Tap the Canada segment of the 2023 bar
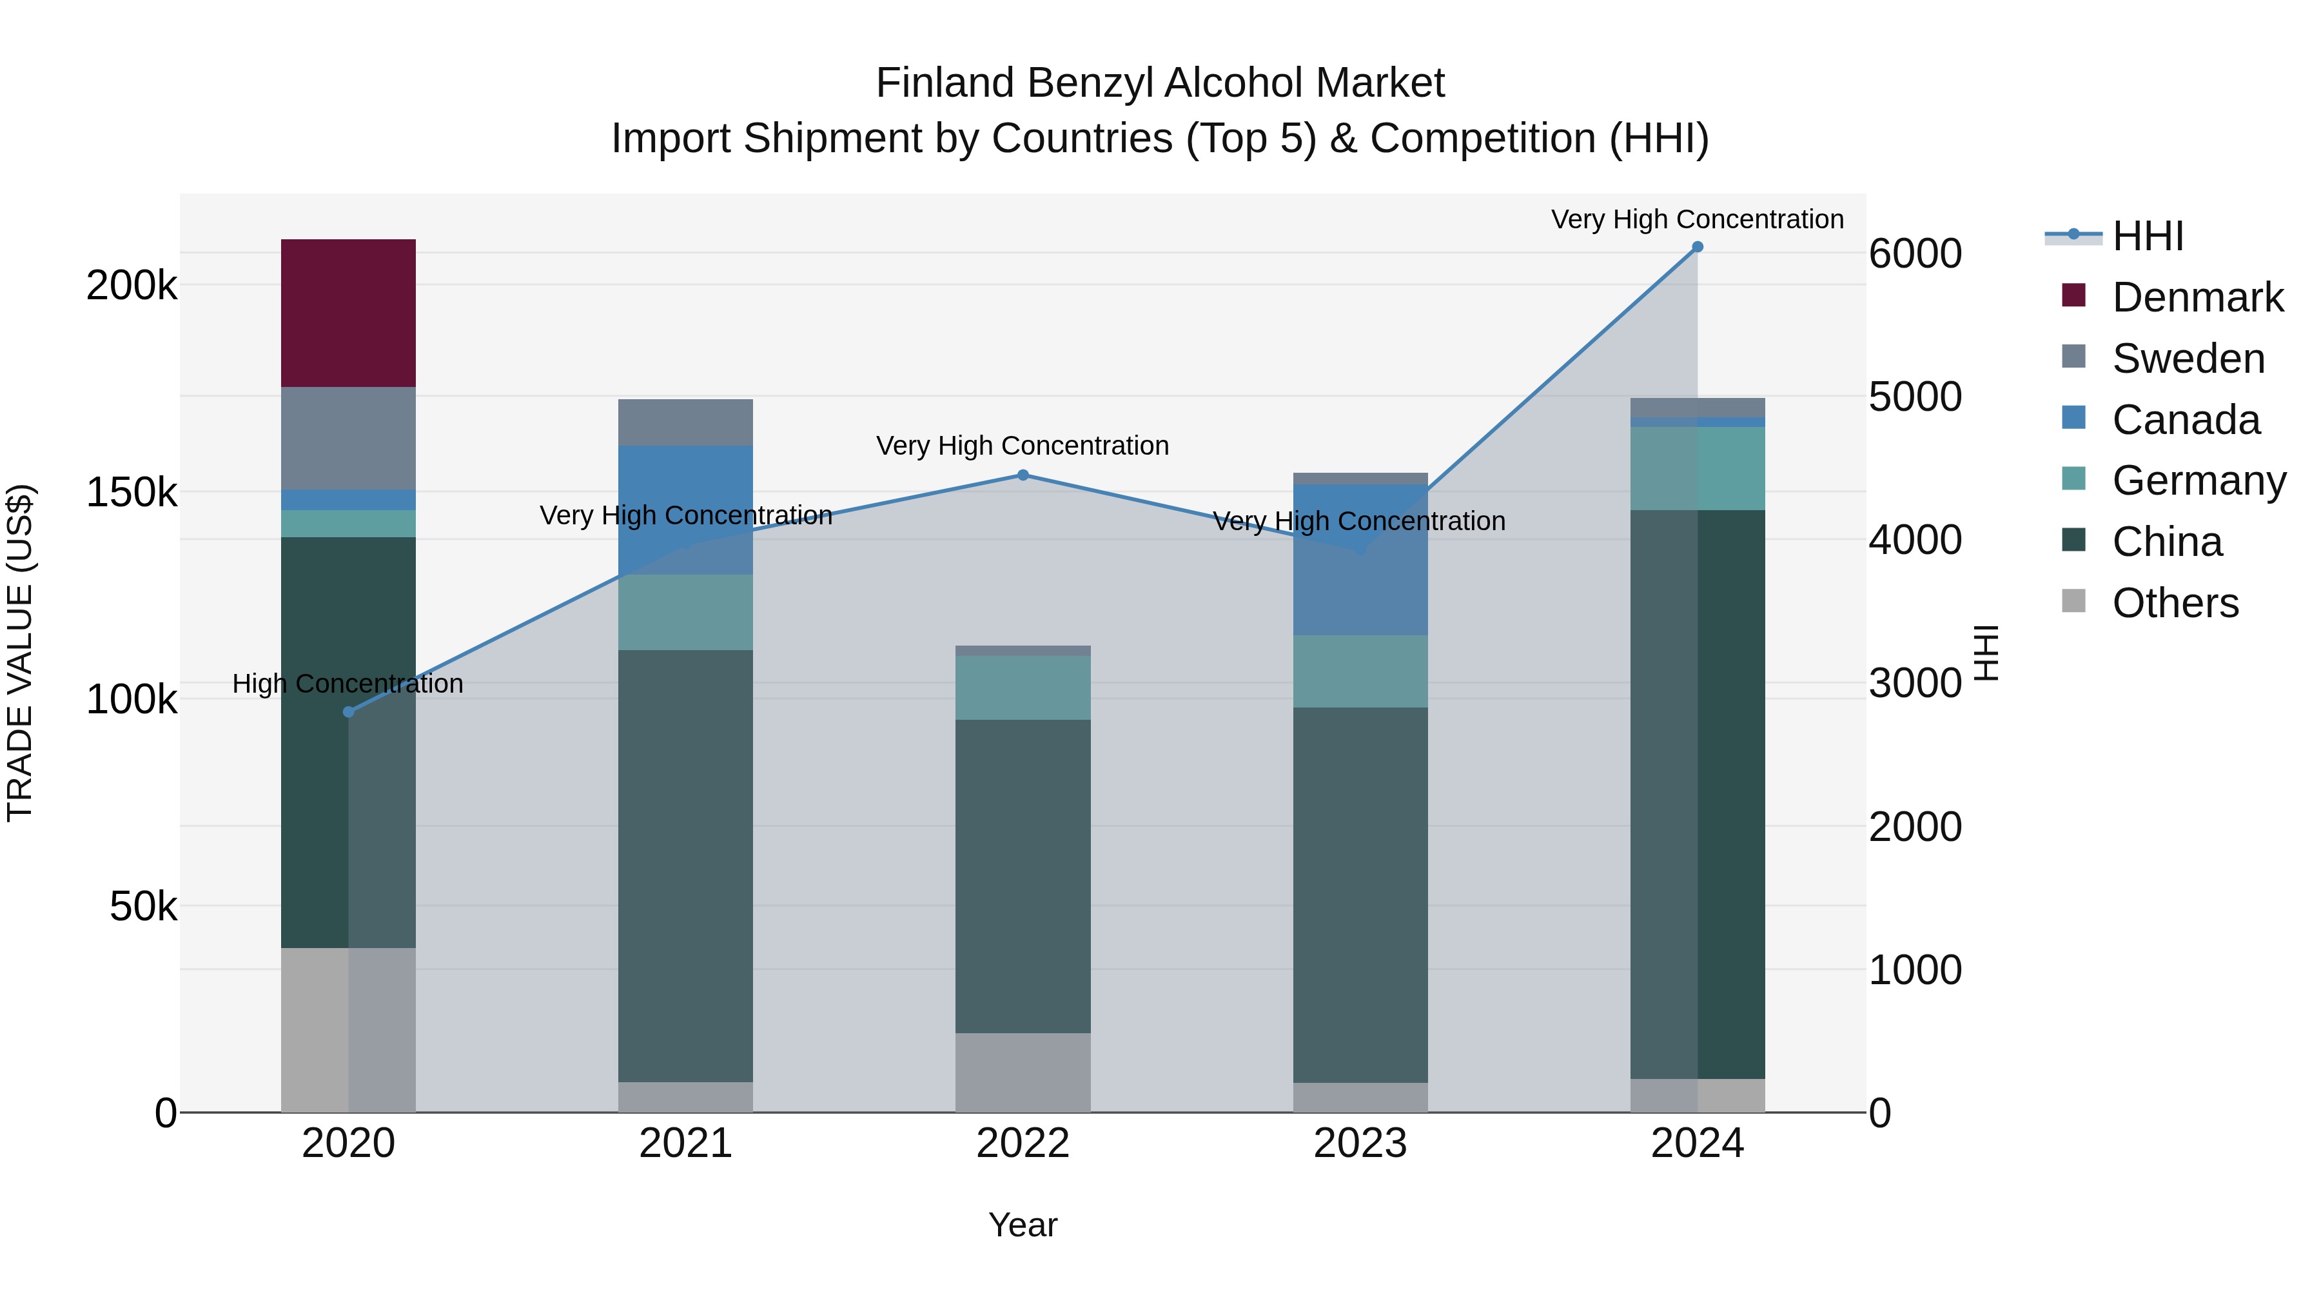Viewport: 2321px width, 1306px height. click(x=1360, y=559)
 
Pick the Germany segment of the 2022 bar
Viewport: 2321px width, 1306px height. click(x=1023, y=687)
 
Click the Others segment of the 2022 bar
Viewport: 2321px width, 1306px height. click(x=1023, y=1072)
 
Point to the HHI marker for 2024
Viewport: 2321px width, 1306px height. click(x=1698, y=247)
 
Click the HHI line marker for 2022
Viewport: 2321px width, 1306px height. click(x=1023, y=475)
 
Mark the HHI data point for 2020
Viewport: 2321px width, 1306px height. click(x=349, y=712)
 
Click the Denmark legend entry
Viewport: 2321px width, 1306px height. click(x=2197, y=297)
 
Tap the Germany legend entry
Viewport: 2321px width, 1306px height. click(x=2199, y=480)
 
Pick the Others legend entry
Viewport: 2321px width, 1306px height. click(x=2175, y=603)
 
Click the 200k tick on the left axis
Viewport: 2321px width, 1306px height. click(x=132, y=286)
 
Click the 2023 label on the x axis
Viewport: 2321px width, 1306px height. click(x=1360, y=1143)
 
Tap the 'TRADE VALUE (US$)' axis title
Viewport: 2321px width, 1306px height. click(x=21, y=653)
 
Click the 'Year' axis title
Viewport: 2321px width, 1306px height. click(x=1023, y=1225)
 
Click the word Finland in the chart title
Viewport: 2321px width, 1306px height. click(x=945, y=83)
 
